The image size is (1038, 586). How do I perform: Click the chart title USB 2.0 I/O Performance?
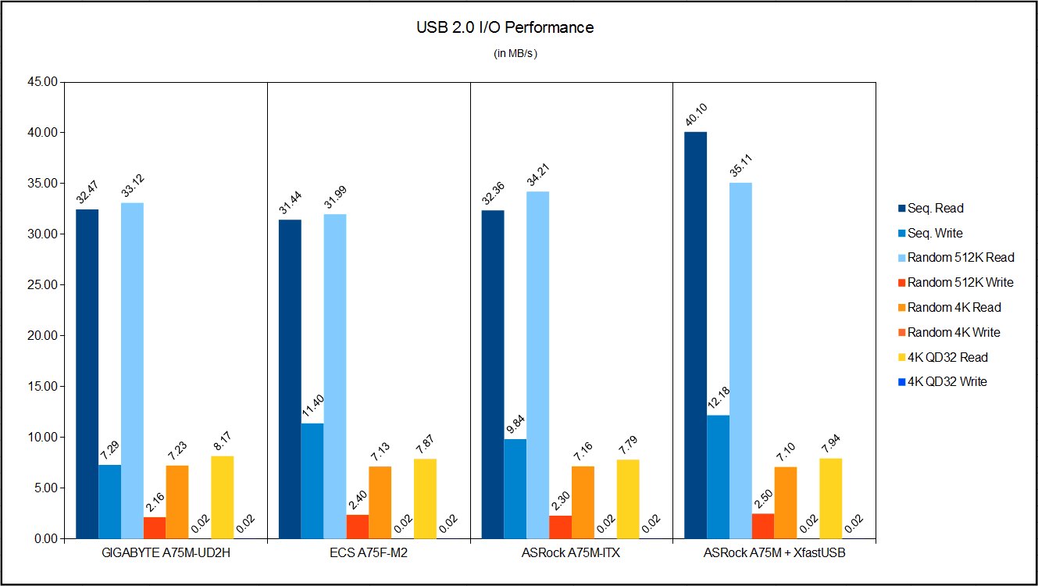[x=505, y=28]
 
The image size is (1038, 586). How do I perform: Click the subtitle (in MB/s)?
[x=515, y=54]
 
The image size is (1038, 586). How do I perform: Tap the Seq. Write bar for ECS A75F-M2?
[x=312, y=481]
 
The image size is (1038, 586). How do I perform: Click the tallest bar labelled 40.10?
[x=695, y=335]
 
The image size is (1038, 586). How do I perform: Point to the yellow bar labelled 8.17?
[x=222, y=497]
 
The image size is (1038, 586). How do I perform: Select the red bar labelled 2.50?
[x=763, y=526]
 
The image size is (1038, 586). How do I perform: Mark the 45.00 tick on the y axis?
[x=42, y=82]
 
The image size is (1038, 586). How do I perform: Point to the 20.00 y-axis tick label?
[x=42, y=336]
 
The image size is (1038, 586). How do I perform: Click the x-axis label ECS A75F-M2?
[x=369, y=554]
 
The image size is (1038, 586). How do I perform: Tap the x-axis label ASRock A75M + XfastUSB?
[x=774, y=554]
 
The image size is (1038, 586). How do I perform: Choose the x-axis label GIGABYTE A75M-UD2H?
[x=166, y=554]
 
